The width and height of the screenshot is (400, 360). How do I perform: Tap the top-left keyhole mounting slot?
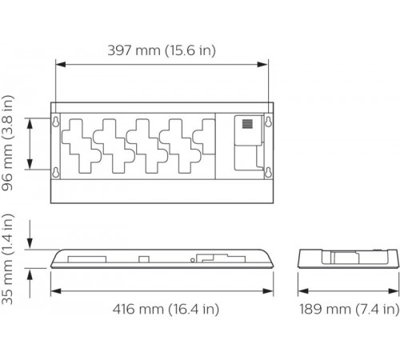(x=56, y=122)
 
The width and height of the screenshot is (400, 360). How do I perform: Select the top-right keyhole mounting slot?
(x=269, y=122)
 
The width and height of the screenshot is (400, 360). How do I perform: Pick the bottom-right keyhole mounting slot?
(x=269, y=173)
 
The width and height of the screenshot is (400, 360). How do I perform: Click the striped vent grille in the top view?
(x=248, y=126)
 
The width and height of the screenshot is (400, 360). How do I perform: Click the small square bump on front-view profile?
(x=142, y=258)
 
